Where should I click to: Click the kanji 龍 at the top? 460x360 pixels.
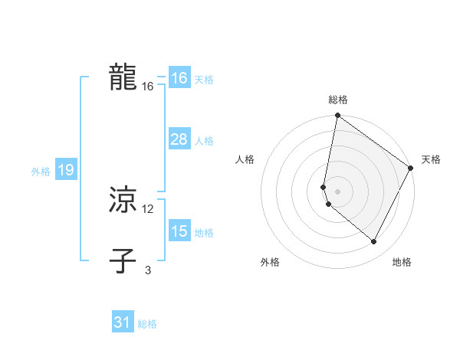click(x=123, y=77)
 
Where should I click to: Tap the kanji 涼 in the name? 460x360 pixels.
click(x=123, y=200)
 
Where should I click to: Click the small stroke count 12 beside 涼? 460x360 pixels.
click(x=148, y=209)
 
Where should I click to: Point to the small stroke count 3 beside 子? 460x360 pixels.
click(x=148, y=270)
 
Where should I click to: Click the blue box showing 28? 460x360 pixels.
click(x=179, y=139)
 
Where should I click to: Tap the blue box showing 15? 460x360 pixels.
click(x=179, y=231)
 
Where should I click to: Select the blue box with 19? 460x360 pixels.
click(x=66, y=170)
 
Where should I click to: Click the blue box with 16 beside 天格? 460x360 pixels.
click(x=179, y=78)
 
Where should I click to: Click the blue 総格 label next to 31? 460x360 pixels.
click(x=147, y=324)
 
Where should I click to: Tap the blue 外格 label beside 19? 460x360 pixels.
click(x=41, y=172)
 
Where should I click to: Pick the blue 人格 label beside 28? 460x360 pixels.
click(x=204, y=141)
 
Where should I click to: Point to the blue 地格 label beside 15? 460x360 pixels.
click(x=204, y=233)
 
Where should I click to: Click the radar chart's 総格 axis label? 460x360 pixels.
click(x=338, y=100)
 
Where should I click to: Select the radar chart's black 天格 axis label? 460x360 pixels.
click(x=431, y=159)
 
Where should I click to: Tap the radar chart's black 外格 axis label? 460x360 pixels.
click(x=270, y=262)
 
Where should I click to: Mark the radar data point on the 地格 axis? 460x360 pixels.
click(x=374, y=242)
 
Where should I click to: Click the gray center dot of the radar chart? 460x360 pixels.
click(x=338, y=191)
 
